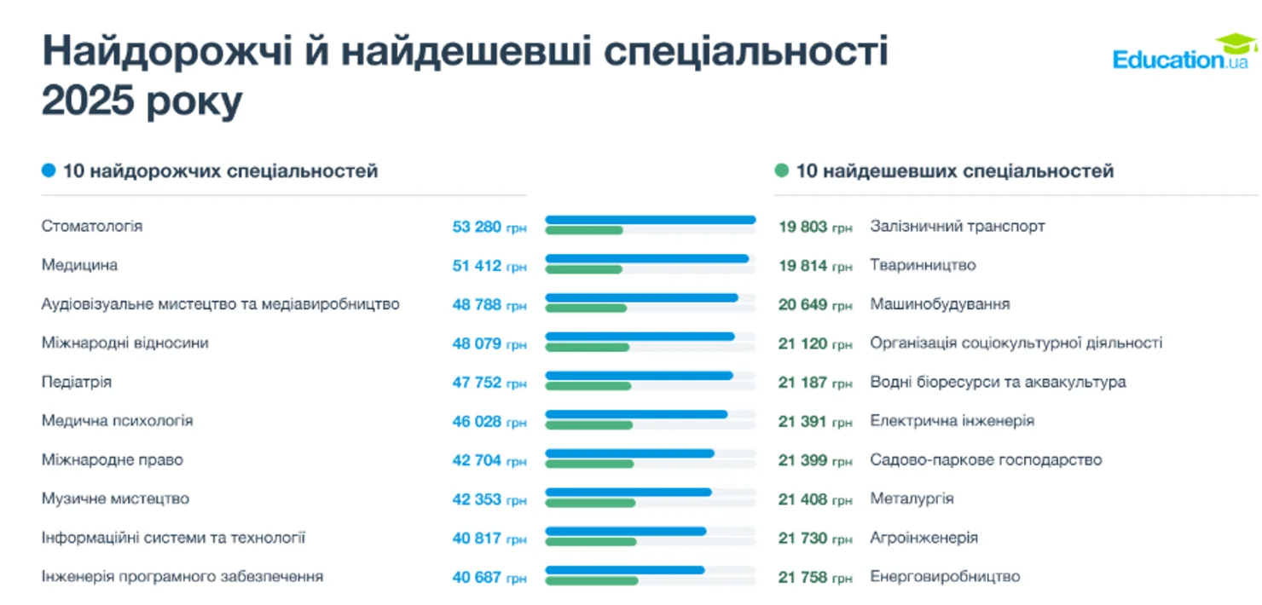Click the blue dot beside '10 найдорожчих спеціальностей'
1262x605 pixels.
[x=49, y=171]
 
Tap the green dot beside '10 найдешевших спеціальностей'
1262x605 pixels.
[x=782, y=171]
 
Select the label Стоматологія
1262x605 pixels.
[x=92, y=227]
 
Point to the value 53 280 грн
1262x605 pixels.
[x=489, y=228]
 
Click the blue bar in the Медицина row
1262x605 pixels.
[x=646, y=258]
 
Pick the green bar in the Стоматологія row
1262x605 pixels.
[x=584, y=231]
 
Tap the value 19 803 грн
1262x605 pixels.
[x=814, y=228]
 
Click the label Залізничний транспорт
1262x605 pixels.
[x=957, y=227]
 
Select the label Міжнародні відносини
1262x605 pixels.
[x=124, y=343]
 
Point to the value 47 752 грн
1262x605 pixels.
[x=489, y=383]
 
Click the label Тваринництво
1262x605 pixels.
[x=923, y=266]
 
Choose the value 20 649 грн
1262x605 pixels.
[x=814, y=305]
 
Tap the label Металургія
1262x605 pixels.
[x=912, y=499]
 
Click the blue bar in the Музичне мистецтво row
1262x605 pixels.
[x=628, y=492]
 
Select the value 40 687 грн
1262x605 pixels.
[x=489, y=578]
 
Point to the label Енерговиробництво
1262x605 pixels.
[x=945, y=577]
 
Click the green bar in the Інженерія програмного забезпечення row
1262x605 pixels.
[x=591, y=581]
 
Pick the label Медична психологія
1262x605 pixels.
[x=117, y=421]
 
